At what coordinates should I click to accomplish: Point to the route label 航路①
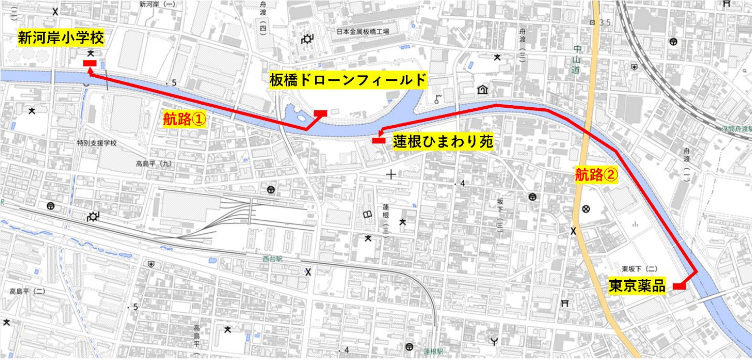[185, 119]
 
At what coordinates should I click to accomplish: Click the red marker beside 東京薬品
[679, 287]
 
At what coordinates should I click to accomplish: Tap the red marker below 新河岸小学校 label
[89, 63]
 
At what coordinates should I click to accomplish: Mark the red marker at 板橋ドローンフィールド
[320, 111]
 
